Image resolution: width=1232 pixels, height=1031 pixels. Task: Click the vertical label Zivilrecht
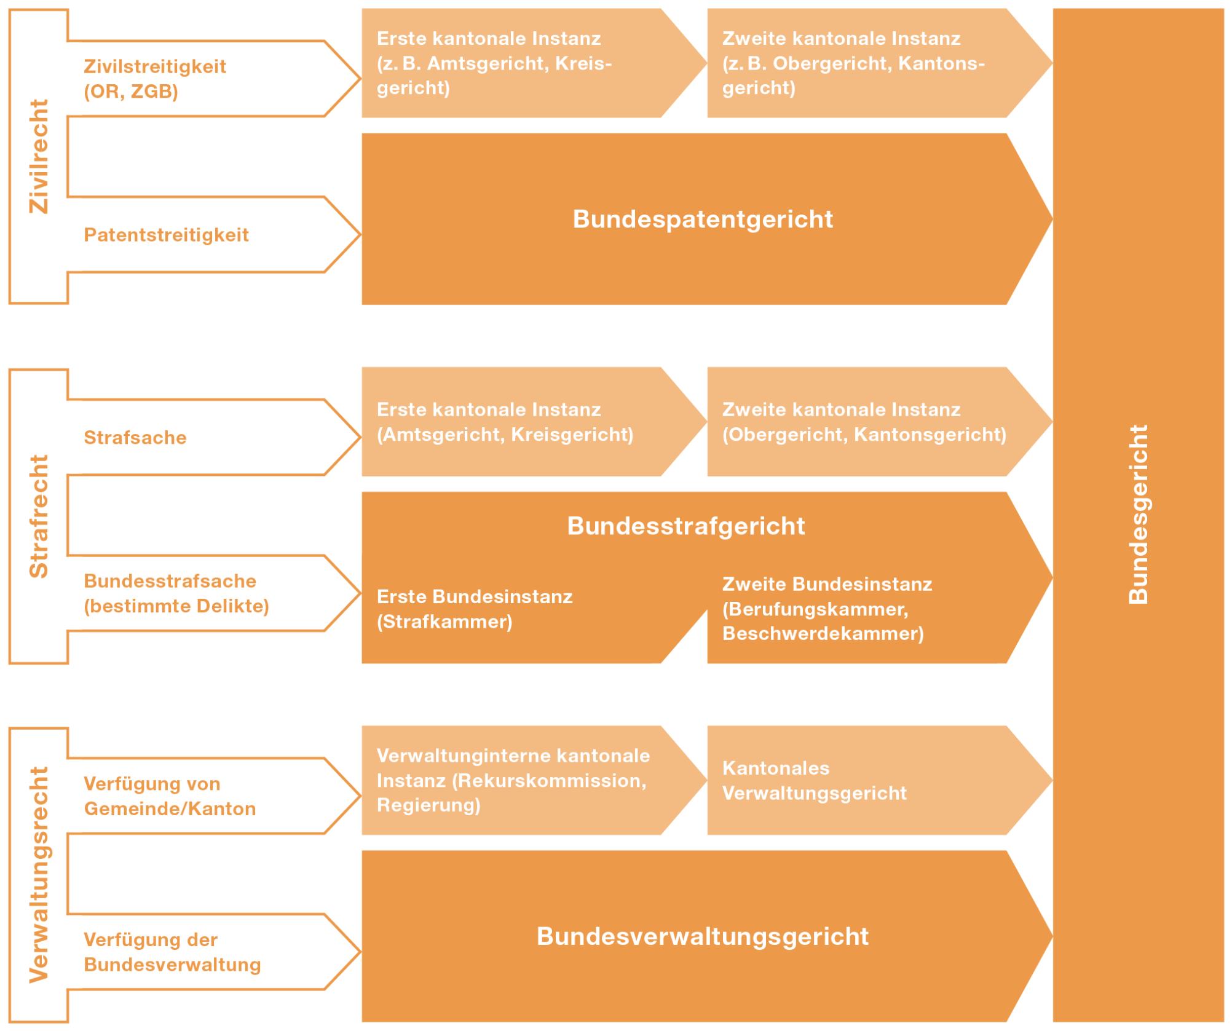pos(39,156)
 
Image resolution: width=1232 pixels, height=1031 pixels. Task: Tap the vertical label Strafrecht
pos(39,516)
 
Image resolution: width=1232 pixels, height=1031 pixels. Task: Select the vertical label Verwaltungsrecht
pos(39,875)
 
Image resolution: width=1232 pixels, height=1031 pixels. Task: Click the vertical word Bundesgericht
pos(1139,515)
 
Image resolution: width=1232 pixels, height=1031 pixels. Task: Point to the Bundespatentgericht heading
pos(703,219)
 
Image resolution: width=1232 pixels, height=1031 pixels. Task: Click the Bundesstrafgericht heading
pos(686,526)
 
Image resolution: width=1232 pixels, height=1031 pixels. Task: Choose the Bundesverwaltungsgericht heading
pos(703,936)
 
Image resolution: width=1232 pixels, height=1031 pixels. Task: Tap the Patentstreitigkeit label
pos(166,235)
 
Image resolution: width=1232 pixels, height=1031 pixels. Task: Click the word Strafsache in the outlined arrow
pos(135,438)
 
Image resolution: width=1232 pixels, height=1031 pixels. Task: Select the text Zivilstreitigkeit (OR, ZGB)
pos(155,79)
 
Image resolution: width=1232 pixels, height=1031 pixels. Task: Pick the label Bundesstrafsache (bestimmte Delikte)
pos(176,593)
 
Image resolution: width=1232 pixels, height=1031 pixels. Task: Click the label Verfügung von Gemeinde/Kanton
pos(170,796)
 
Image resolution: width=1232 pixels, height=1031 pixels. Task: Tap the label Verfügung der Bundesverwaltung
pos(172,952)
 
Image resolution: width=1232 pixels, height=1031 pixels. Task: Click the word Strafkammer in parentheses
pos(444,622)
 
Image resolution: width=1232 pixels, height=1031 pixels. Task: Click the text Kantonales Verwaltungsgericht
pos(815,781)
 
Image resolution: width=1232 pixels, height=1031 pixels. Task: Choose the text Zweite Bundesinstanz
pos(827,584)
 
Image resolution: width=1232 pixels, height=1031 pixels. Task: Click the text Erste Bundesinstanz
pos(475,597)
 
